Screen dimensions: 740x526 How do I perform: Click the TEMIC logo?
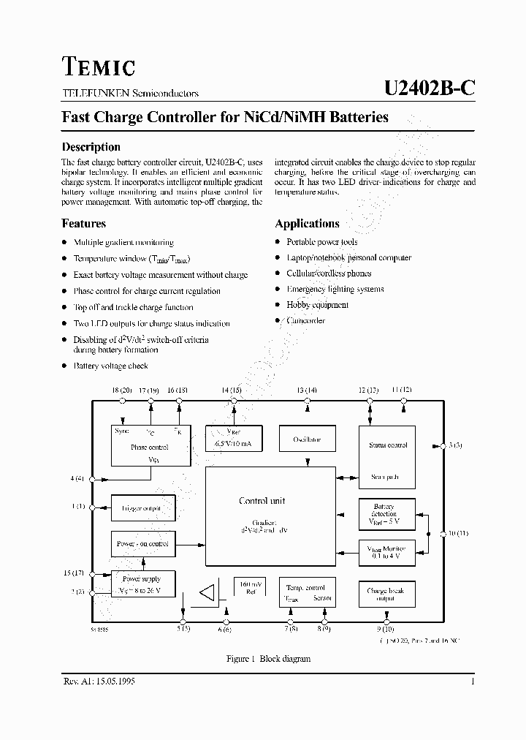[x=98, y=67]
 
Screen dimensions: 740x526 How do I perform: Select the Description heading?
[x=91, y=146]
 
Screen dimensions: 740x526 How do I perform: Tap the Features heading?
[x=83, y=224]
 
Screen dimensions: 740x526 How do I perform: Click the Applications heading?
[x=307, y=224]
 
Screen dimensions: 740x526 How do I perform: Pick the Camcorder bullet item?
[x=305, y=321]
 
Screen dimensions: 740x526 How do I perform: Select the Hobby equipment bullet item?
[x=317, y=305]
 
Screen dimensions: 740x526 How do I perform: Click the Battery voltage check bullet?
[x=110, y=366]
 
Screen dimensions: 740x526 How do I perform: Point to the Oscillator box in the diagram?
[x=307, y=439]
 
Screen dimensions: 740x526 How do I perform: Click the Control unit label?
[x=262, y=501]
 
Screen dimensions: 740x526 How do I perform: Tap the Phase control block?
[x=149, y=445]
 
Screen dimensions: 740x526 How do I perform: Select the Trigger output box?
[x=142, y=507]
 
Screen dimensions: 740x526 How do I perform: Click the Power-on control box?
[x=142, y=544]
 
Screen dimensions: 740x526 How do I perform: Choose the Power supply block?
[x=142, y=585]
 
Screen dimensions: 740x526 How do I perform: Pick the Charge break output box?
[x=386, y=594]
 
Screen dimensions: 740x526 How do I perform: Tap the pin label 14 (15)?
[x=231, y=390]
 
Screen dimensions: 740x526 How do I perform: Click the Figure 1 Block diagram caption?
[x=268, y=659]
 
